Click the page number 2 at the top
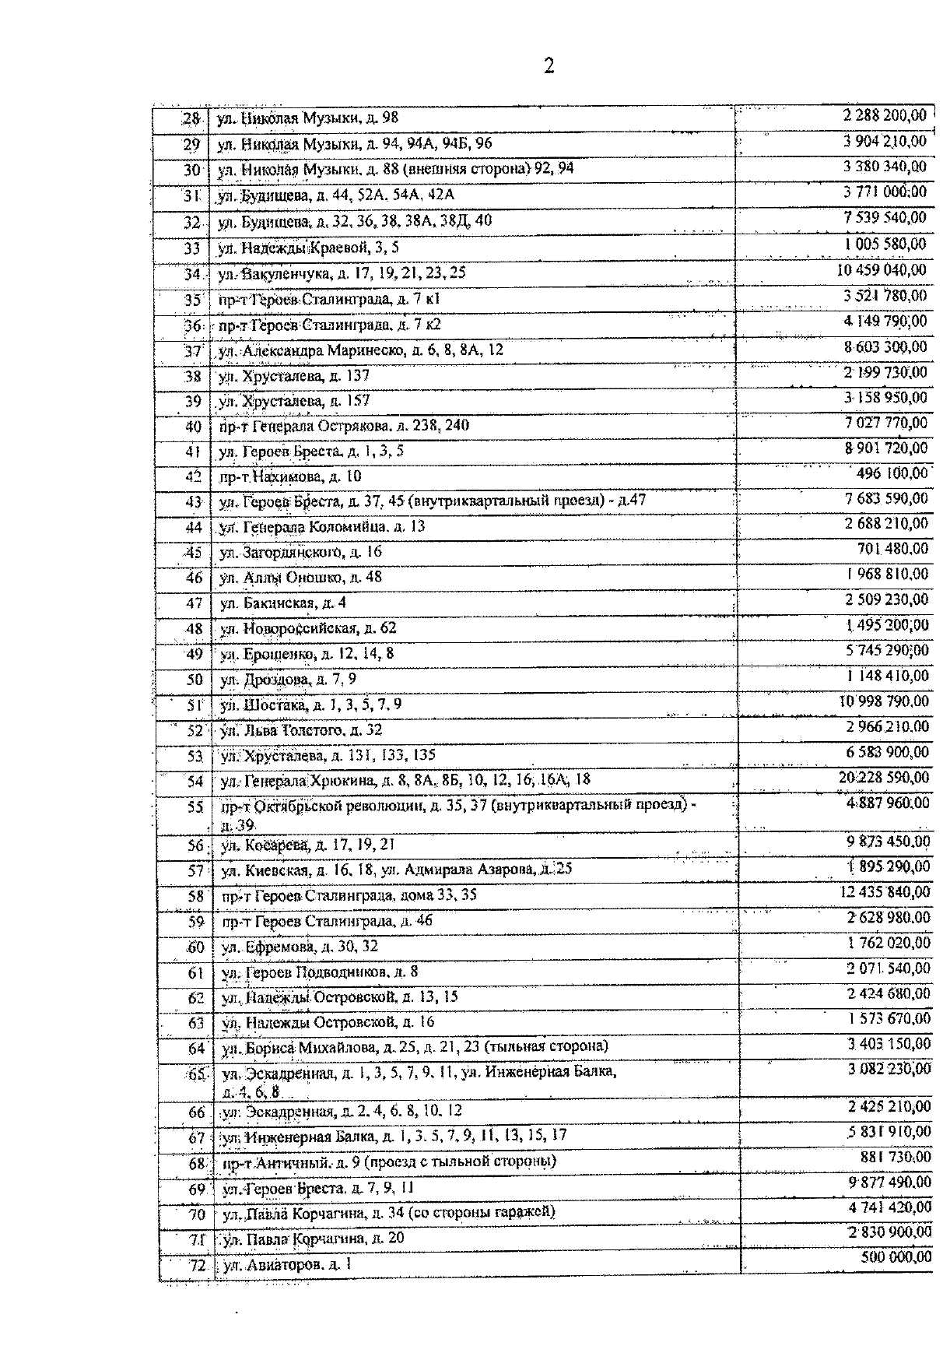click(x=549, y=66)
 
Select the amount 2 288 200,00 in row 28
click(x=885, y=116)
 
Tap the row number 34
click(x=192, y=274)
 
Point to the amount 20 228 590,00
click(x=884, y=778)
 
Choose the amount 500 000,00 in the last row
click(x=896, y=1257)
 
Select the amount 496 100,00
click(x=892, y=473)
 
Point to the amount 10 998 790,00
click(x=884, y=701)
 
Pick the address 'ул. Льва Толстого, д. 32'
click(x=301, y=730)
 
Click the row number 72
click(x=197, y=1266)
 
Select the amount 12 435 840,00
click(x=885, y=892)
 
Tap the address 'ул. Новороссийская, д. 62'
click(x=308, y=628)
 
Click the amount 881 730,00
click(x=895, y=1158)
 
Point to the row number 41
click(x=193, y=452)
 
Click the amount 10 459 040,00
click(x=882, y=270)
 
